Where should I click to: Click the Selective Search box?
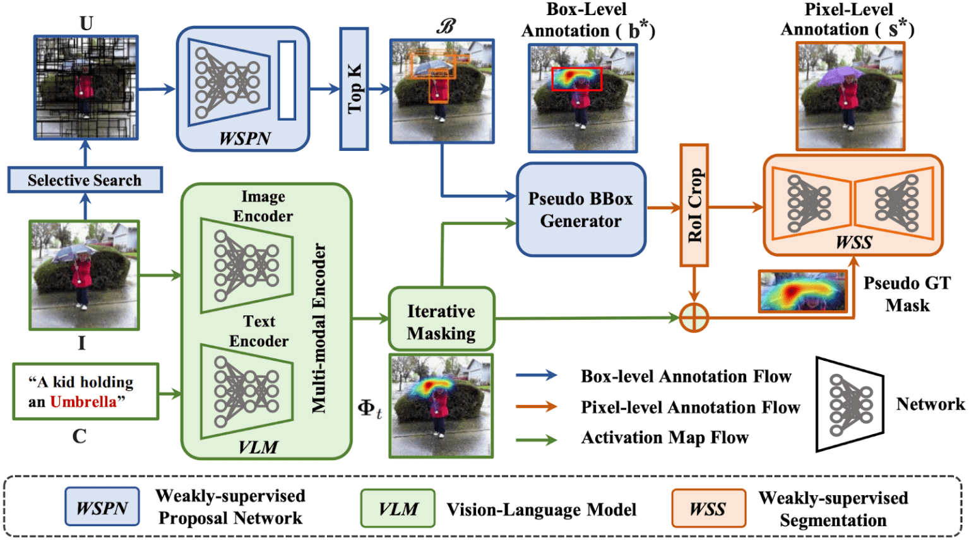(85, 180)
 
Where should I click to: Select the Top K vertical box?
(354, 89)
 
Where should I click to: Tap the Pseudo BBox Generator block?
(581, 209)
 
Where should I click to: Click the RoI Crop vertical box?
(694, 205)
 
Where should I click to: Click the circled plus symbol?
(694, 318)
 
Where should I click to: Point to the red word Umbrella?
(83, 402)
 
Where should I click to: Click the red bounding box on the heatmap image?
(576, 79)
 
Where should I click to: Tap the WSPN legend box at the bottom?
(102, 507)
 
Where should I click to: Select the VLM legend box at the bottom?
(398, 508)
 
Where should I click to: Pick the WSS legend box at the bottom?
(708, 508)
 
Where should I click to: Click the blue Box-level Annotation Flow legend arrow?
(537, 375)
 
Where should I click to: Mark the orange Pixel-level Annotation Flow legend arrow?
(537, 406)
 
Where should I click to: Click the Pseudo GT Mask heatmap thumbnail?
(802, 291)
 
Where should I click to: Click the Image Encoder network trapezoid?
(246, 265)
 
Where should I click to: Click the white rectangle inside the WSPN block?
(287, 80)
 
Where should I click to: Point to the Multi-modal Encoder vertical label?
(319, 328)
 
